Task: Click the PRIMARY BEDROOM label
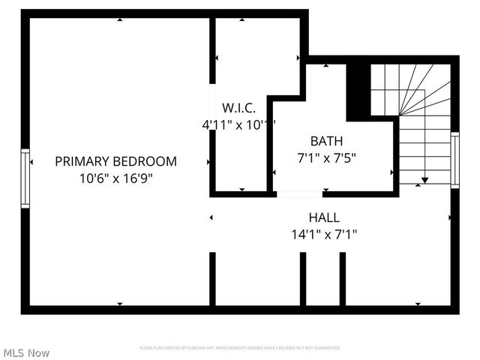click(x=115, y=161)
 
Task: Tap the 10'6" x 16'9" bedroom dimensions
click(x=115, y=178)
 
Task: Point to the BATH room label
click(x=327, y=141)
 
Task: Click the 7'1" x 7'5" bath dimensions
click(x=327, y=158)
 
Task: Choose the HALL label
click(x=323, y=217)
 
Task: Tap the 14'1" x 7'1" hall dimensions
click(x=323, y=235)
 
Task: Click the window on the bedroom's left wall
click(x=25, y=178)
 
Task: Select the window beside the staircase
click(x=454, y=160)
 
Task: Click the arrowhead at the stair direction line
click(x=424, y=180)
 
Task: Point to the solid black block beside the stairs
click(x=358, y=91)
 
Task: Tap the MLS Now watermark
click(x=26, y=352)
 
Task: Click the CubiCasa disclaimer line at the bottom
click(x=240, y=348)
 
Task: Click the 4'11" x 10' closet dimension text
click(x=238, y=125)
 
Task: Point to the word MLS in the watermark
click(x=13, y=352)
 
